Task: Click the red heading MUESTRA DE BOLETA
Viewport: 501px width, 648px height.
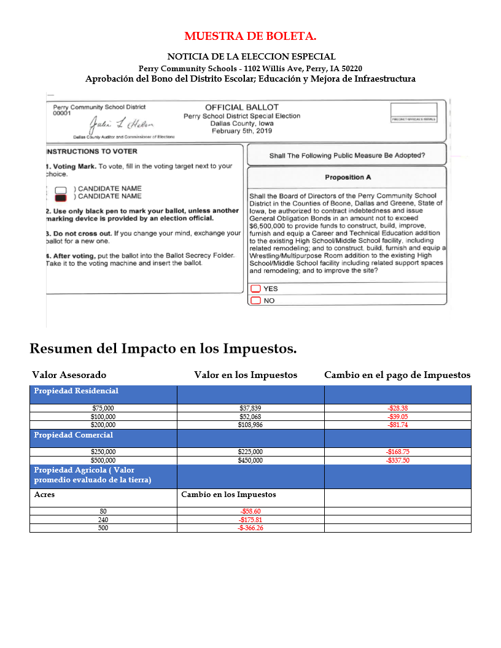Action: [250, 37]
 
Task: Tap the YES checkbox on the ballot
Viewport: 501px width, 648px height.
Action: [255, 289]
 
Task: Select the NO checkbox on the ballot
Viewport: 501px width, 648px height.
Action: [255, 301]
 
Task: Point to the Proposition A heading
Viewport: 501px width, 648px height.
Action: [348, 177]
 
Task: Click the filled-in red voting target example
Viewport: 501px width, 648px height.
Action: [60, 198]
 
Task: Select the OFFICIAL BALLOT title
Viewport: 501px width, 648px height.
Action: [241, 107]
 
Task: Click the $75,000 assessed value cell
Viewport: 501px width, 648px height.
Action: [103, 408]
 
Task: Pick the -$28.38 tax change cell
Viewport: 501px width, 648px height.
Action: [397, 408]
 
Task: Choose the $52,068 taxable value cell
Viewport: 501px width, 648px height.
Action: [251, 416]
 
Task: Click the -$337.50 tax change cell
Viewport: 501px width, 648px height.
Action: [397, 460]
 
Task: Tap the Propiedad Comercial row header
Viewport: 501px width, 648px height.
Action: [74, 435]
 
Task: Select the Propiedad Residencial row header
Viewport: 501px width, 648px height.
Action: [76, 391]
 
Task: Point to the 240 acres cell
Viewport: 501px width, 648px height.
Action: [103, 520]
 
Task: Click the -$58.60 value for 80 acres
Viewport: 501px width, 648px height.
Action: [251, 511]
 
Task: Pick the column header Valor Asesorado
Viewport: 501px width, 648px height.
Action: [69, 375]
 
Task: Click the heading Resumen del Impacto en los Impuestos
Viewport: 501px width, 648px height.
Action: [163, 349]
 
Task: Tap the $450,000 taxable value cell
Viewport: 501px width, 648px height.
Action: [251, 460]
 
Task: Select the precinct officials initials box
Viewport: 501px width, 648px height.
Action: [414, 112]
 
